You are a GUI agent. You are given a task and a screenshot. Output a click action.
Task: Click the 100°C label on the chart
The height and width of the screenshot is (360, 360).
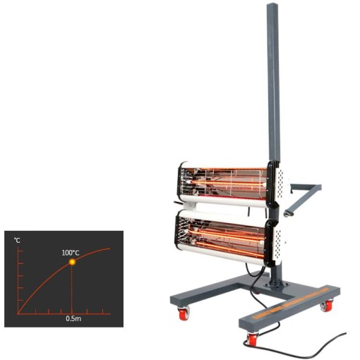click(71, 253)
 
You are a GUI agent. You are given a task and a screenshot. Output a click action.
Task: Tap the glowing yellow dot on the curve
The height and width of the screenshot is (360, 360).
click(72, 262)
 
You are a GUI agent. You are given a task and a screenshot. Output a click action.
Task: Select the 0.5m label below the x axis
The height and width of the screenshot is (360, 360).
click(73, 318)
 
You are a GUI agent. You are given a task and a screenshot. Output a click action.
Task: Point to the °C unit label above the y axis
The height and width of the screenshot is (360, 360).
click(17, 240)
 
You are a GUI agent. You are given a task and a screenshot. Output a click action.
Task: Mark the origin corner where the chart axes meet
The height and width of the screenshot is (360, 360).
click(18, 313)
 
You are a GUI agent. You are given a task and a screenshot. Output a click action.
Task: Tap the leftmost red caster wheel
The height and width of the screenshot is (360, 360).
click(184, 313)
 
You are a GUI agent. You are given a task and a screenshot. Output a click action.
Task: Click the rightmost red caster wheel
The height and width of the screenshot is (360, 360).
click(327, 305)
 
